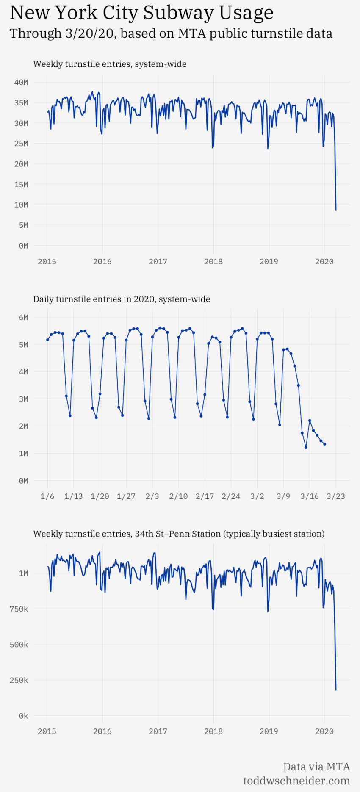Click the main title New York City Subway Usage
[141, 13]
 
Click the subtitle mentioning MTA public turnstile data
[171, 33]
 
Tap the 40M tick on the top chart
[21, 82]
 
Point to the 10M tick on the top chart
[21, 205]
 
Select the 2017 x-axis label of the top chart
[158, 261]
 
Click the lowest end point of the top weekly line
[336, 210]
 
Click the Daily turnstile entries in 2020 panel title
[122, 299]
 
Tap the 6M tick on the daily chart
[23, 317]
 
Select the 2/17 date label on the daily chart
[205, 496]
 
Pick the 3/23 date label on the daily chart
[335, 496]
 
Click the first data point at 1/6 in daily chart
[47, 340]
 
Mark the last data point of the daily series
[324, 444]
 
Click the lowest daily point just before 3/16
[306, 447]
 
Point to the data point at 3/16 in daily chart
[310, 421]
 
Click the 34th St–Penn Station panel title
[179, 534]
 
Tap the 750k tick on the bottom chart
[19, 609]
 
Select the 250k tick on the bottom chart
[19, 680]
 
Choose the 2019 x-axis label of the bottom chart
[269, 731]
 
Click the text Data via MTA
[316, 767]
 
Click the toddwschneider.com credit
[296, 781]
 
